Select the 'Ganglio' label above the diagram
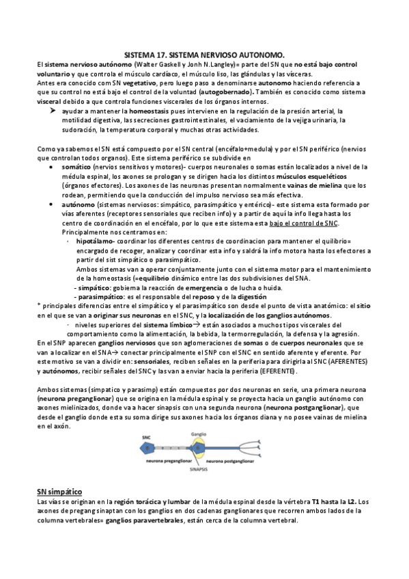click(199, 434)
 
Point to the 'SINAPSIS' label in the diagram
click(198, 470)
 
